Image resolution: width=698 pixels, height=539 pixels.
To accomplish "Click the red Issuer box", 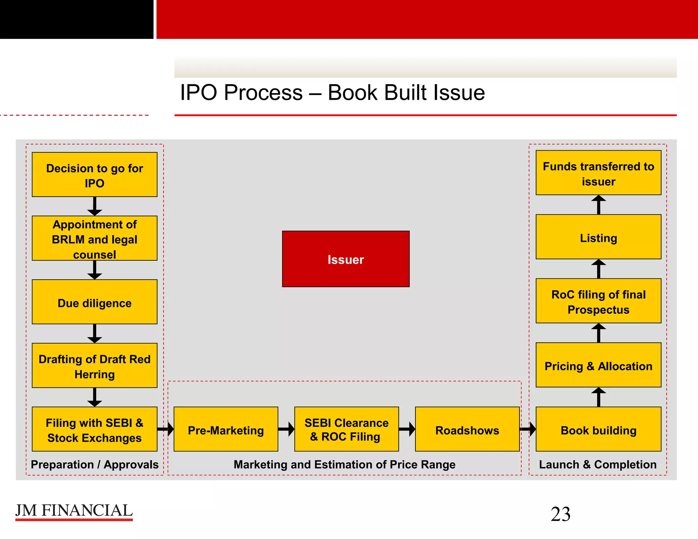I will tap(346, 259).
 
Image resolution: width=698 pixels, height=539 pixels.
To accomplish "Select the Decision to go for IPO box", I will tap(94, 174).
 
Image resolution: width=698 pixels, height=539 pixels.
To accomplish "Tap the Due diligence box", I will tap(94, 302).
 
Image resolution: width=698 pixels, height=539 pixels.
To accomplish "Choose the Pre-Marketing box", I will tap(226, 429).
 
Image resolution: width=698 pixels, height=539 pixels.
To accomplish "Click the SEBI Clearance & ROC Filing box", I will tap(346, 429).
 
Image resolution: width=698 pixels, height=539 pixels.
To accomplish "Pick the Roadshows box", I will tap(467, 429).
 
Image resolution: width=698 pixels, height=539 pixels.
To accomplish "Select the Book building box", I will tap(598, 429).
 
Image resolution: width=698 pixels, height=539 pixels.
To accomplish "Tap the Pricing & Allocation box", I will tap(598, 365).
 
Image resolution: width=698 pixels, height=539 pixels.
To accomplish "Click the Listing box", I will tap(598, 237).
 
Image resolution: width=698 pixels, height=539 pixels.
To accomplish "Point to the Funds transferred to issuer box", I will tap(598, 173).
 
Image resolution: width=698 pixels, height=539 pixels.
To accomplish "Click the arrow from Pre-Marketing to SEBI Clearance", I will tap(286, 429).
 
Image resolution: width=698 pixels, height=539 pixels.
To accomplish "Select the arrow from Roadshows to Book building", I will tap(528, 429).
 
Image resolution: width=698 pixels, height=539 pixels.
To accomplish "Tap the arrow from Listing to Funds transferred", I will tap(598, 205).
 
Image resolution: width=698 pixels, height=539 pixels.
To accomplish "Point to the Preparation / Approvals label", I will tap(94, 464).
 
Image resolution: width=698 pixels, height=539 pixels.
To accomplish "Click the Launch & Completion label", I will tap(597, 464).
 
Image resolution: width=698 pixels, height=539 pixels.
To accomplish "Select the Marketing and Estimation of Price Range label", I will tap(344, 464).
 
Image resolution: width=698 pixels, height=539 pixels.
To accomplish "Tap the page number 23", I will tap(560, 514).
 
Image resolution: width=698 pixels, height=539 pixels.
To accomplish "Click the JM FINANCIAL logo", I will tap(74, 511).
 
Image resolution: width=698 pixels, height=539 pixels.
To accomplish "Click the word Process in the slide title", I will tap(263, 93).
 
